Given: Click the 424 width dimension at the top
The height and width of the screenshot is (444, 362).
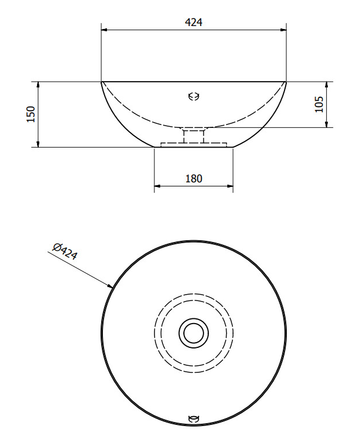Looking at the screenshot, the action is coord(194,22).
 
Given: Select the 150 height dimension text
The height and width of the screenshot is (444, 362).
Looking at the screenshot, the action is coord(31,114).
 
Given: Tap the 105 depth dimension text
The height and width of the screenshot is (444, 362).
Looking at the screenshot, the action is coord(319,104).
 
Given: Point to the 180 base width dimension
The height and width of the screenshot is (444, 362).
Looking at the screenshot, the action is coord(194,179).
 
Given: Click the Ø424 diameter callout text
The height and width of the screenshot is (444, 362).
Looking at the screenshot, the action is coord(65,251).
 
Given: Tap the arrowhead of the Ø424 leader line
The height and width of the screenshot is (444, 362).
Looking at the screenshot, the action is coord(110,286).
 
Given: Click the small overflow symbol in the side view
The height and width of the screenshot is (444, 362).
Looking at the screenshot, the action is coord(194,97).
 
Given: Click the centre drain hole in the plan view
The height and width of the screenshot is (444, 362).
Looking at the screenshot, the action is coord(194,333).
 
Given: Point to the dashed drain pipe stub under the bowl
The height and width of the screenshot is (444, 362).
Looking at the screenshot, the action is coord(194,136).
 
